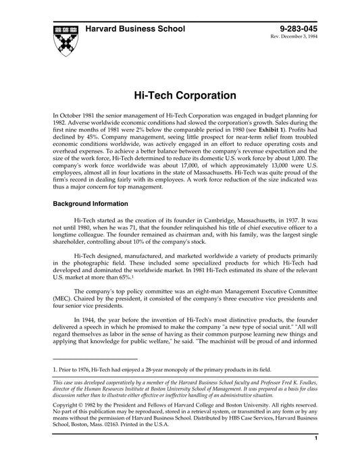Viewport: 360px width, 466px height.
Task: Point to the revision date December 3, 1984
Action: [x=309, y=37]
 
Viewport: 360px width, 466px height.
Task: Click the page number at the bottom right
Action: [x=316, y=457]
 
